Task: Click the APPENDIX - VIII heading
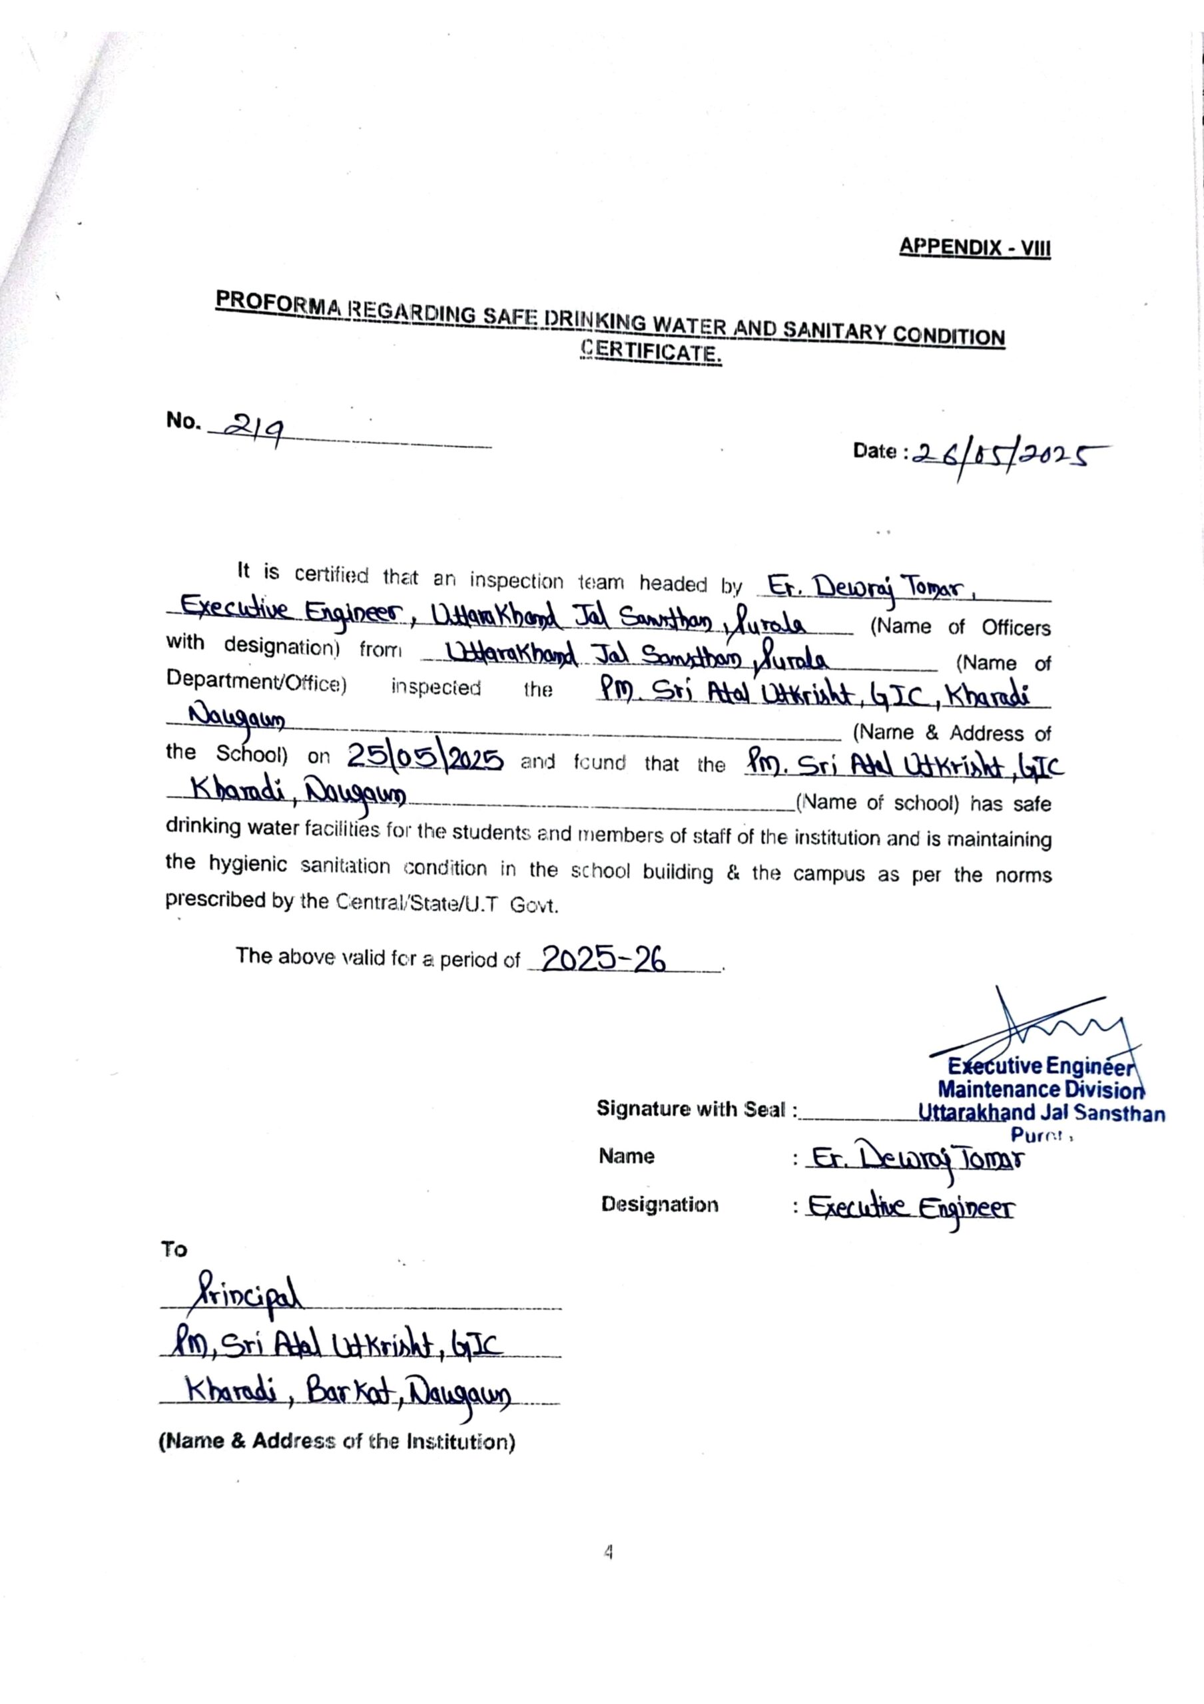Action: click(x=975, y=247)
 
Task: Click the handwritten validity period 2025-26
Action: click(x=603, y=960)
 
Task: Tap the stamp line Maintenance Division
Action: click(x=1041, y=1090)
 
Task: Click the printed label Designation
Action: click(x=660, y=1204)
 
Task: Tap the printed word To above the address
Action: click(x=174, y=1249)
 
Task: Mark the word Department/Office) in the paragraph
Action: click(x=256, y=680)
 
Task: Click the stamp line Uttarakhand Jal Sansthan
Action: click(x=1041, y=1112)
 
